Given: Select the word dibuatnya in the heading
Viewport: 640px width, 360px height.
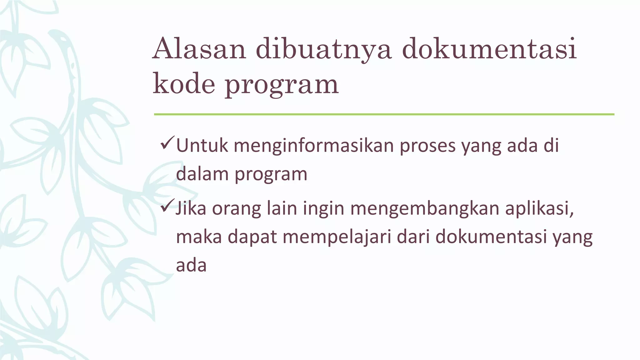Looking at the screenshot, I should click(x=324, y=49).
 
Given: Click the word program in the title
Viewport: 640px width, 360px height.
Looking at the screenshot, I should click(x=282, y=86).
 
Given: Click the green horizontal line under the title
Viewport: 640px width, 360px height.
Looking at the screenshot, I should click(x=384, y=114).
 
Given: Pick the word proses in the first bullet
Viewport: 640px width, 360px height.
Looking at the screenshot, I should click(x=428, y=146).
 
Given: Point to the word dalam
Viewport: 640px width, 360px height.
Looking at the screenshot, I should click(x=202, y=174).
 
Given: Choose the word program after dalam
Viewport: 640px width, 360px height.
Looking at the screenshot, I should click(x=271, y=175).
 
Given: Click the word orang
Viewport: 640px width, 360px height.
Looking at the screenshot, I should click(x=237, y=209).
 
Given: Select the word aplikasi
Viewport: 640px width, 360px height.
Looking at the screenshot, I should click(x=540, y=208).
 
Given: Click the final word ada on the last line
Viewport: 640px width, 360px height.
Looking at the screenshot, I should click(x=191, y=266).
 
